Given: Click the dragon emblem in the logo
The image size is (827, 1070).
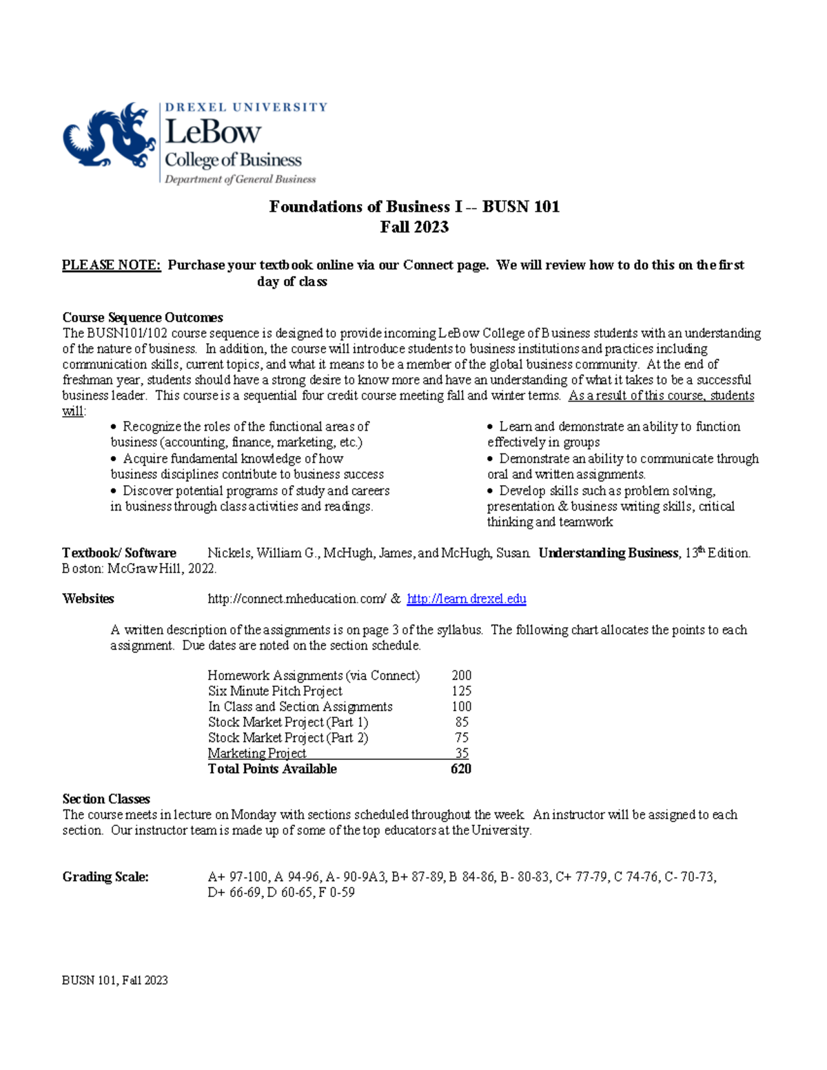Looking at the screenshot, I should [109, 136].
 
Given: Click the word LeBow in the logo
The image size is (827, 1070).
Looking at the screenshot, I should [213, 132].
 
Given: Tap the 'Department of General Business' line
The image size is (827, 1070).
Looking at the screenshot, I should [240, 180].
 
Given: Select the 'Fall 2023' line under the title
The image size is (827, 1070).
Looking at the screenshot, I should [414, 227].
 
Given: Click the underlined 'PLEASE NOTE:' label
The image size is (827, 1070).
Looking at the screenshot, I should [111, 265].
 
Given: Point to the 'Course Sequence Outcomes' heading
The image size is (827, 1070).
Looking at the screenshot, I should [143, 318].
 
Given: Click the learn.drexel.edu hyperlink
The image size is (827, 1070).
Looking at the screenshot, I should [467, 599].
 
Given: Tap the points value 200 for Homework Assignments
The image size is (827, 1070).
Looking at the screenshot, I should [461, 675].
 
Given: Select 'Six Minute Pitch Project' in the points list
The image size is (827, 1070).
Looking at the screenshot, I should [275, 691].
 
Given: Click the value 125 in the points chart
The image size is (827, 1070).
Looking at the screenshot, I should [461, 691].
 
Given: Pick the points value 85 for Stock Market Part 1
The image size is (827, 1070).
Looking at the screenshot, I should [462, 722].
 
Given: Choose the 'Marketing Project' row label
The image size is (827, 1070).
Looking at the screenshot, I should [257, 753].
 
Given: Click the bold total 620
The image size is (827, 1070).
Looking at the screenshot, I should [460, 769].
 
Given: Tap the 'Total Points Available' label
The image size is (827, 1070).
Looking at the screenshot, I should [272, 769].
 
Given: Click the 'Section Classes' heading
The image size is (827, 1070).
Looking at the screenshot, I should [106, 799].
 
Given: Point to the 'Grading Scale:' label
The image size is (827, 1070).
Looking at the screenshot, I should [105, 877].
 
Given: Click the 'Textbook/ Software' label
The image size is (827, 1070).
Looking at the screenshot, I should [119, 553].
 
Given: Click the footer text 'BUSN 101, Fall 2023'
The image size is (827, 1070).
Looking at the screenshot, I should [115, 980].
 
